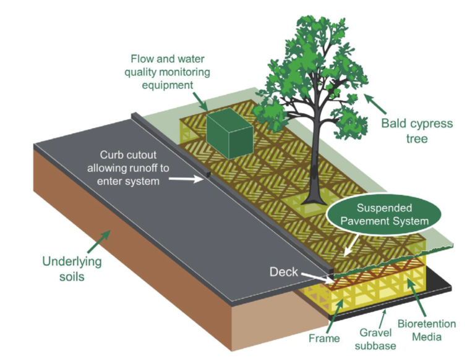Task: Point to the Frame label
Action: [325, 338]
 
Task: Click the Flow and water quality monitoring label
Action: [170, 71]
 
